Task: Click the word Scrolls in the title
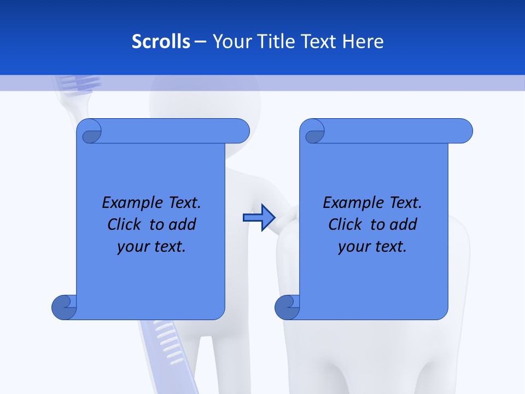point(161,42)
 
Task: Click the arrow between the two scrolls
point(258,218)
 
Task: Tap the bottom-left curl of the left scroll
point(64,307)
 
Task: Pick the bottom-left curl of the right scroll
point(287,307)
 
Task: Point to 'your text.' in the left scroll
point(151,246)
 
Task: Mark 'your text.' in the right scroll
point(372,246)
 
